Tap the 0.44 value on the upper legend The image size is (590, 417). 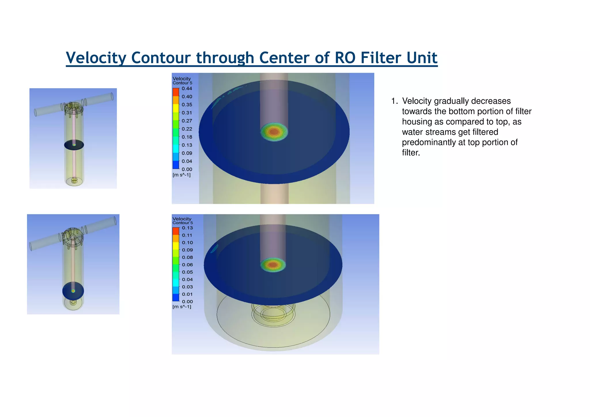(x=187, y=88)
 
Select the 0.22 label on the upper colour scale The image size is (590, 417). (x=187, y=129)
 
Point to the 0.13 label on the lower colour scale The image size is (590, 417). (x=187, y=228)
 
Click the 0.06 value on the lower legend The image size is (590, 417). (x=187, y=265)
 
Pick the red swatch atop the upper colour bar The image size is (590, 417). (x=176, y=92)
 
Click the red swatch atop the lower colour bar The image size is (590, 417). (x=176, y=231)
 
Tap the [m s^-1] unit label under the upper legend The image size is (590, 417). (x=181, y=175)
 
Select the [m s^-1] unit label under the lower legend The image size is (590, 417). (x=182, y=307)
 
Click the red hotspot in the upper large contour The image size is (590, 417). (x=274, y=132)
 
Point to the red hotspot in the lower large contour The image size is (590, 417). (x=273, y=265)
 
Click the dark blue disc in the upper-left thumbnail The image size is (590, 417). (x=74, y=145)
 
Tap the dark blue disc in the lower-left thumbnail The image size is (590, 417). (x=73, y=291)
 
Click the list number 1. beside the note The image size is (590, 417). (x=394, y=101)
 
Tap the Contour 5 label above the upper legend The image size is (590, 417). (x=182, y=83)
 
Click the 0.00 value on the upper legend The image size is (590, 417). (x=187, y=169)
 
